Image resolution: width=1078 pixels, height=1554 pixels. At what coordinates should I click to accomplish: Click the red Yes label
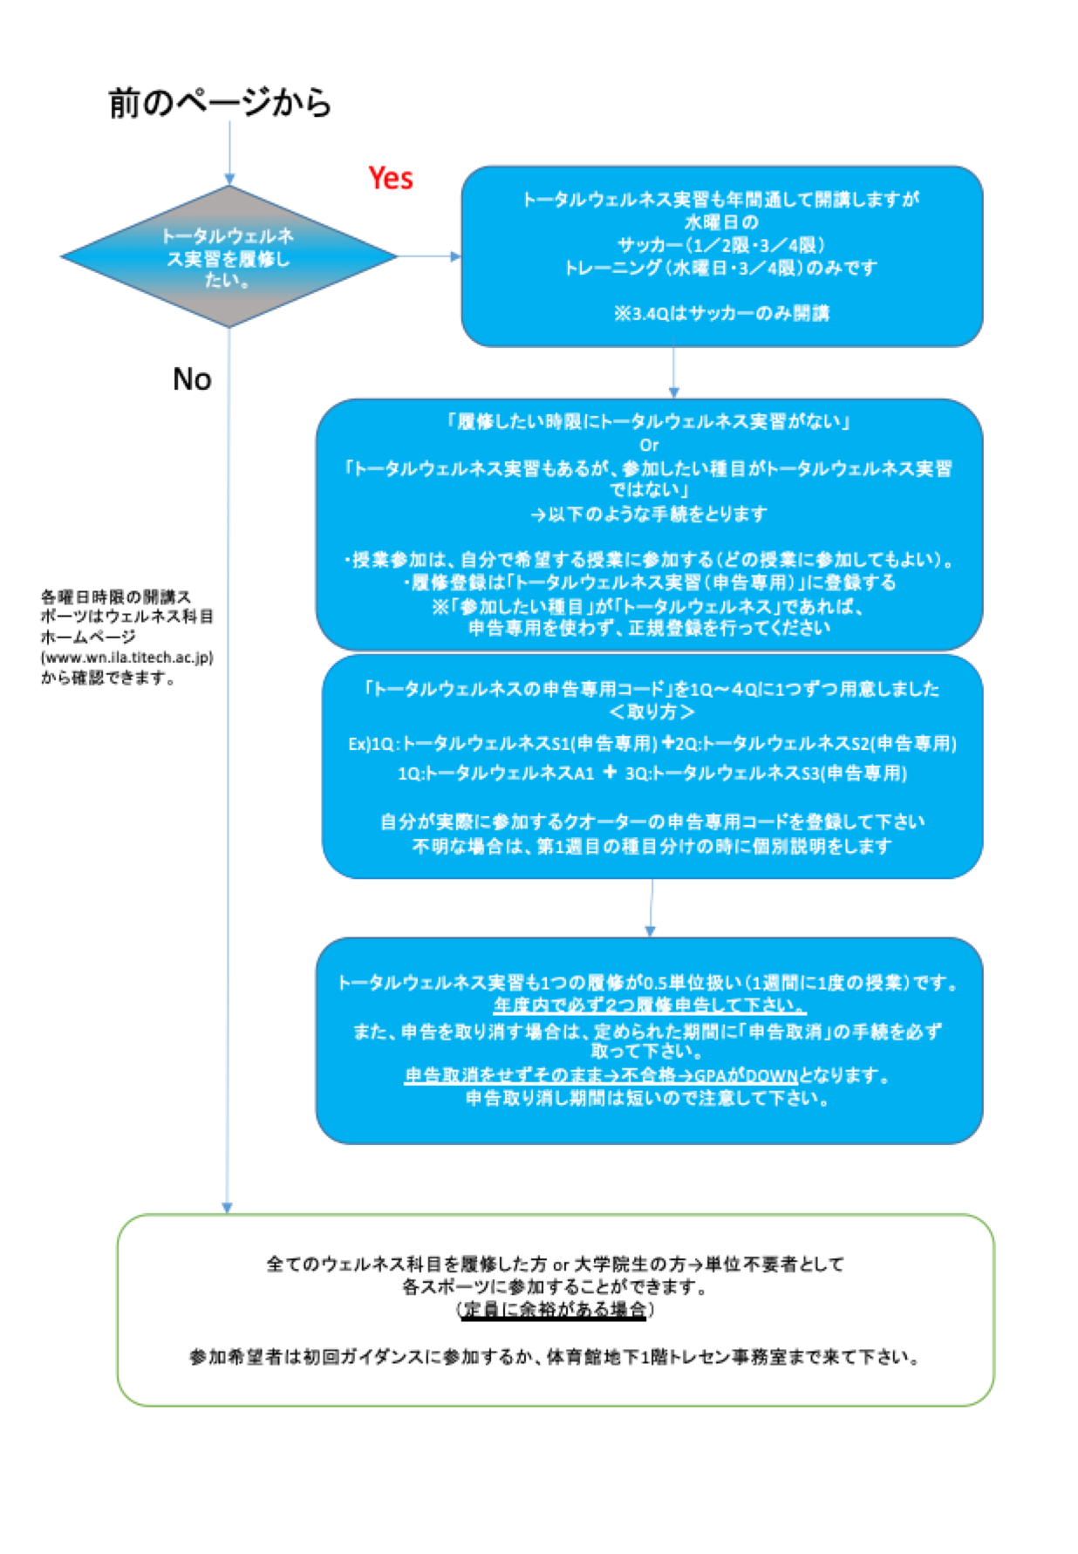click(390, 178)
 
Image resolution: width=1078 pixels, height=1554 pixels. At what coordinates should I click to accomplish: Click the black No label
click(192, 379)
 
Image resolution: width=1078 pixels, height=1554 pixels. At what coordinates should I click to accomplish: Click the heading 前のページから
click(220, 103)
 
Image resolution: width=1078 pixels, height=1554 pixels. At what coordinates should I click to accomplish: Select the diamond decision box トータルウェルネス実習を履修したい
click(229, 257)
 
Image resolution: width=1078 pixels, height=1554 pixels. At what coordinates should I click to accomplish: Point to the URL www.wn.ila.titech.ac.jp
click(127, 658)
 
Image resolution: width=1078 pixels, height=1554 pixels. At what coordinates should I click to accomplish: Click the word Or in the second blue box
click(649, 445)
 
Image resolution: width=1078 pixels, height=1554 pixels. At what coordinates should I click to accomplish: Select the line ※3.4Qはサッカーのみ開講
click(721, 313)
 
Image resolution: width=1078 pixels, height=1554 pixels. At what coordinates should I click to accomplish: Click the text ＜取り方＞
click(652, 712)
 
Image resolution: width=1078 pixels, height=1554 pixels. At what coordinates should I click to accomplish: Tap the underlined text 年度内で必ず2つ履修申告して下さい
click(650, 1005)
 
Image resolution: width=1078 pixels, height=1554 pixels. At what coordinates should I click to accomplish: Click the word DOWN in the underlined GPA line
click(771, 1076)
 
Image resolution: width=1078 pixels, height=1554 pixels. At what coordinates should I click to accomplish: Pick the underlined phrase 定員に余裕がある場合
click(555, 1310)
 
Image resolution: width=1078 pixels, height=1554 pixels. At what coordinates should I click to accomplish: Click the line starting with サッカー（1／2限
click(721, 245)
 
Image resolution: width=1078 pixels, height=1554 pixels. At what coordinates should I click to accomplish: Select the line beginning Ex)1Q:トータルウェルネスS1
click(652, 744)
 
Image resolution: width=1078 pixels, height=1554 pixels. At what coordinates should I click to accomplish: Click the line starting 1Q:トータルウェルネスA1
click(652, 774)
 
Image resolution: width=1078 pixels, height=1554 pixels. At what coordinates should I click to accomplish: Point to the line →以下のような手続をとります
click(649, 515)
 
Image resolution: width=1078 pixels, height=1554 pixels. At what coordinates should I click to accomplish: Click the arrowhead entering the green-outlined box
click(228, 1208)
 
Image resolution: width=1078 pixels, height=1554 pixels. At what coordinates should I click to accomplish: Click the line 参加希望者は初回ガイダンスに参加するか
click(555, 1357)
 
